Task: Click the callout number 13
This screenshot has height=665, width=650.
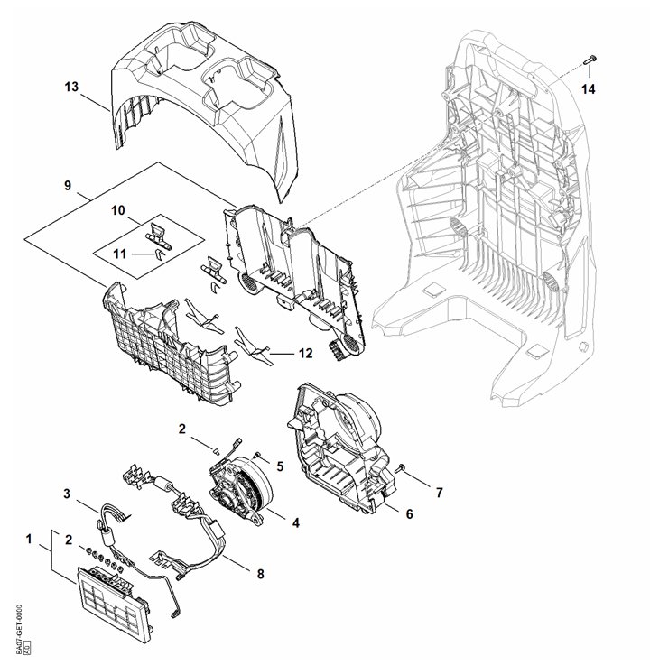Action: tap(72, 87)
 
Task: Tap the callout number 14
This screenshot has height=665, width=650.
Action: tap(588, 88)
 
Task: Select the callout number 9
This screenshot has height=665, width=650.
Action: tap(68, 186)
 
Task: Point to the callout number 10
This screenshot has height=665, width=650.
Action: tap(118, 210)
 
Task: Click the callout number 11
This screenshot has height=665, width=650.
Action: tap(119, 254)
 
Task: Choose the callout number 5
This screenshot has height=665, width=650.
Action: tap(280, 466)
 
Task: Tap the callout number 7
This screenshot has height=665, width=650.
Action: tap(440, 493)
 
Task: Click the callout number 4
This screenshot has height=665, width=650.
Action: tap(295, 522)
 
